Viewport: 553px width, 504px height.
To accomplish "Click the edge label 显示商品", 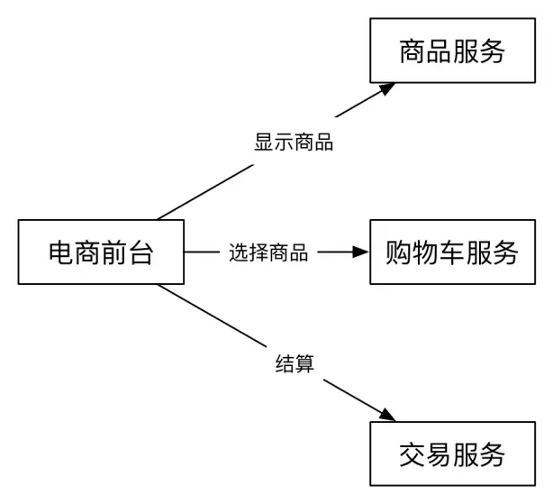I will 294,142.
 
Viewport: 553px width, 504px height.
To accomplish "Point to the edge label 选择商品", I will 268,253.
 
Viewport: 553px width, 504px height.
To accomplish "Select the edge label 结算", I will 294,362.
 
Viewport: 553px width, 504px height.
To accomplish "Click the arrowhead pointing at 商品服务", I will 387,88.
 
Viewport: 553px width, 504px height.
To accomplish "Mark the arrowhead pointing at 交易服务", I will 387,416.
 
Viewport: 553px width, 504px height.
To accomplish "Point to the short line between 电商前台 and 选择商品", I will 202,252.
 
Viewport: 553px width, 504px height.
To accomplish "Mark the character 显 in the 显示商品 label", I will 264,142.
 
